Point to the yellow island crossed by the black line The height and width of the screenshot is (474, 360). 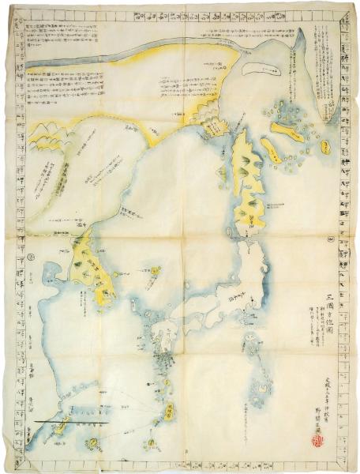click(x=61, y=427)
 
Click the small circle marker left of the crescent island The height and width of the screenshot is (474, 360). click(x=225, y=69)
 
